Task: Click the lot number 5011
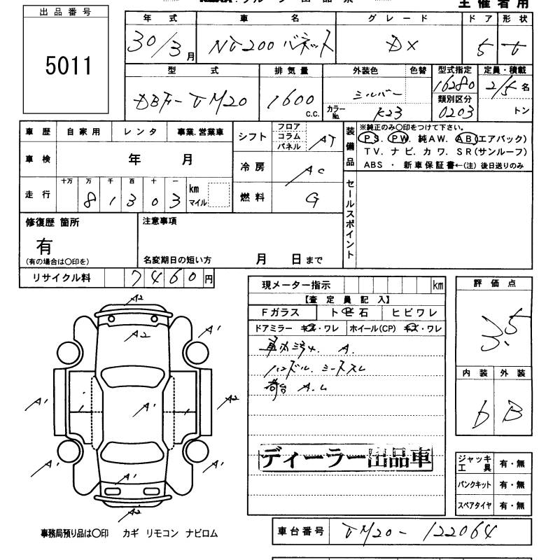click(x=69, y=67)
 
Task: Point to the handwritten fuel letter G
click(x=312, y=199)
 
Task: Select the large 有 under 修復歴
click(x=44, y=246)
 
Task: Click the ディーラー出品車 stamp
click(x=346, y=458)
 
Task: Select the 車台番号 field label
click(x=301, y=533)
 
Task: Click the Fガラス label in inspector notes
click(x=279, y=313)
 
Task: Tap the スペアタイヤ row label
click(x=474, y=505)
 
